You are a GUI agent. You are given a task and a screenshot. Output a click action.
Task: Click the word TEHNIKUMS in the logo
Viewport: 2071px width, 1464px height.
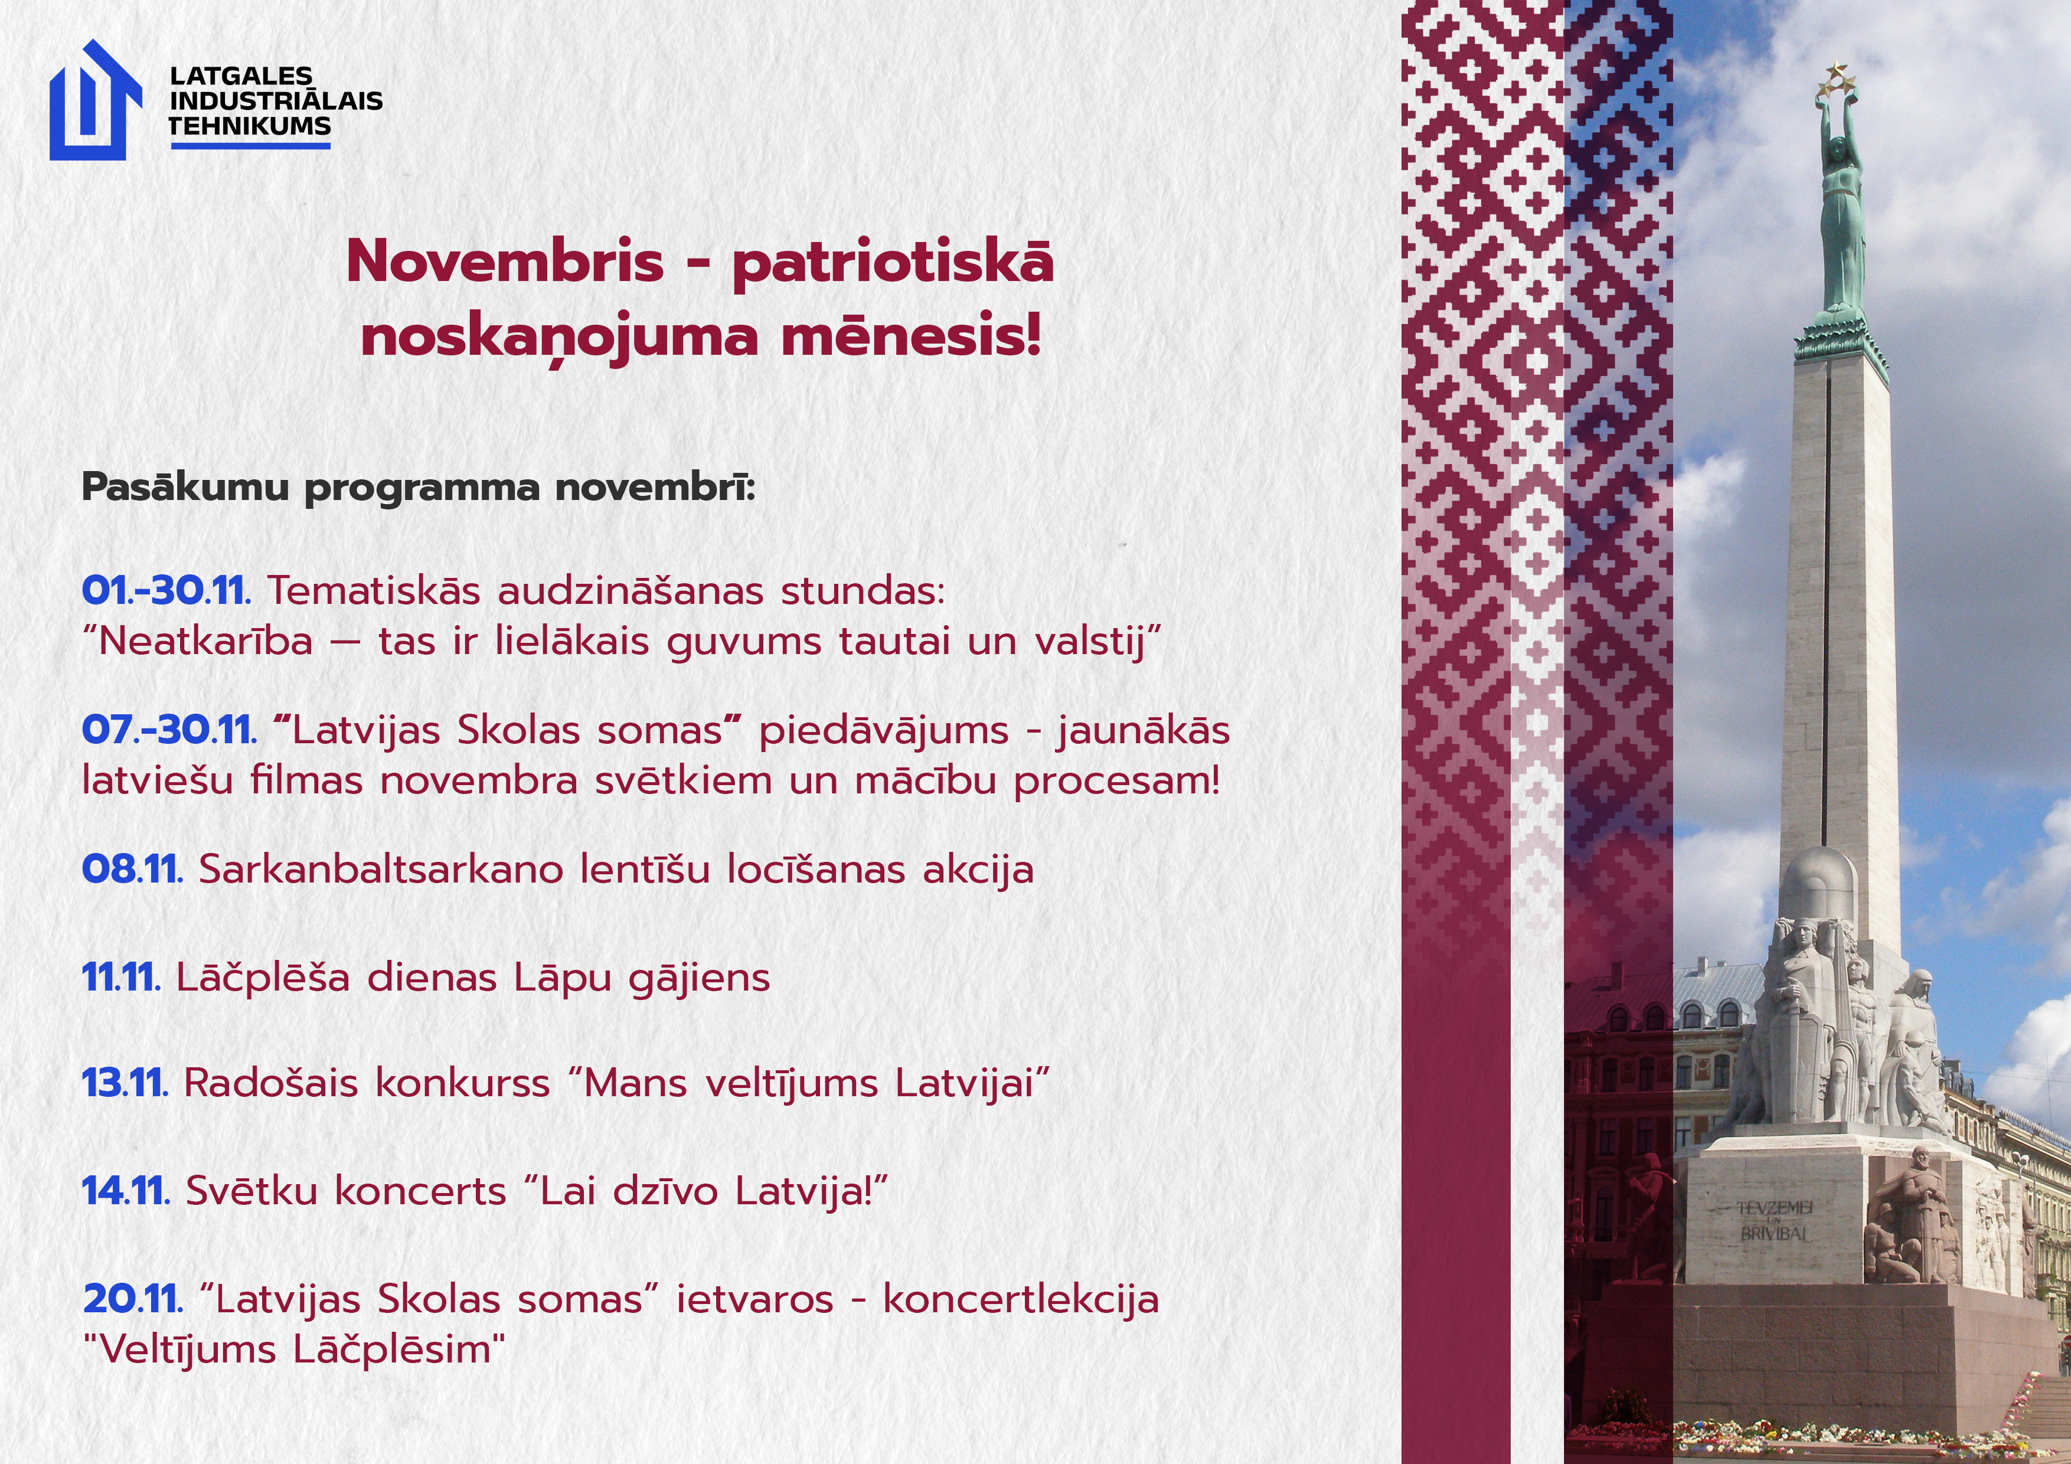(x=250, y=126)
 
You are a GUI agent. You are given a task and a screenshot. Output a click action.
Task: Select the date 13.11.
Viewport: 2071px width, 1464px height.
(x=125, y=1083)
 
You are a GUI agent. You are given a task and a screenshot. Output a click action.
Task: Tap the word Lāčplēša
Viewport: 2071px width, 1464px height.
(x=263, y=978)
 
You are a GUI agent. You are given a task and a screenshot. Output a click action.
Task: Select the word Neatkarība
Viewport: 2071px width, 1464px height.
(x=205, y=641)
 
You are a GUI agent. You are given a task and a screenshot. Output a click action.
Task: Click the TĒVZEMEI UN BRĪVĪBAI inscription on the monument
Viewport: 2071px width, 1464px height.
(x=1772, y=1220)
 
